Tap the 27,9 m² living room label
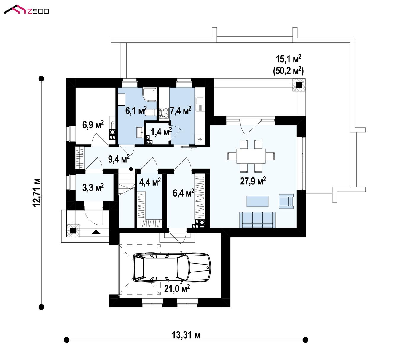point(253,181)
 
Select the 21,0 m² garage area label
point(177,288)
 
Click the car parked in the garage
point(172,267)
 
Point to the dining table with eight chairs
point(251,156)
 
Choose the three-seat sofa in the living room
point(257,220)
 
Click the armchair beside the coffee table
point(286,201)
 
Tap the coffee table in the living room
point(257,201)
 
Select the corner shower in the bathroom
point(150,94)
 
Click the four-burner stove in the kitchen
point(164,113)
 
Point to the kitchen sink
point(200,104)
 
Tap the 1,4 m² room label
point(161,132)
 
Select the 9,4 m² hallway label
point(119,159)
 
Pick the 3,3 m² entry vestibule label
point(93,187)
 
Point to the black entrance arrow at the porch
point(96,232)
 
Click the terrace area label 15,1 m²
point(288,59)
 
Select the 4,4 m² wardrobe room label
point(150,182)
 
